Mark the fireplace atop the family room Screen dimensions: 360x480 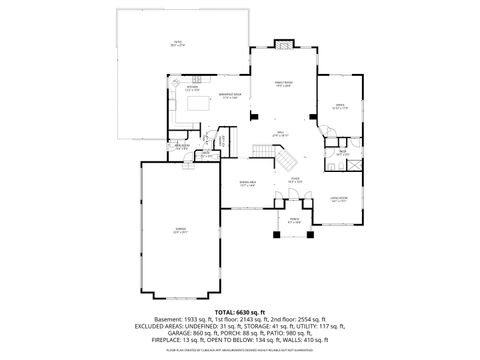[283, 44]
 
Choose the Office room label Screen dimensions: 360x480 [339, 106]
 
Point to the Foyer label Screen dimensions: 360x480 [296, 181]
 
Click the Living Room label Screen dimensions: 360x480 [339, 200]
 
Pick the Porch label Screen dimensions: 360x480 [294, 220]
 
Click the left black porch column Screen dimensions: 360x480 [275, 238]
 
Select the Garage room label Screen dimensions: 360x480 [180, 230]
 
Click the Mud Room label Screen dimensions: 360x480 [183, 148]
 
